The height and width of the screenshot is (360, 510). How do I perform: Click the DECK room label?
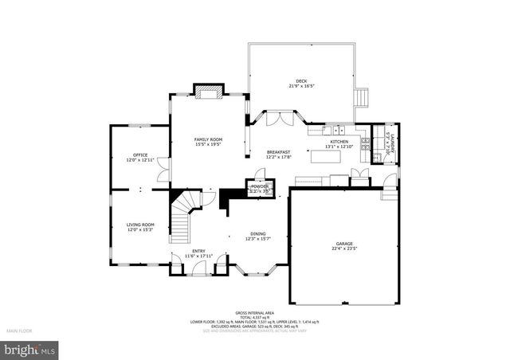300,81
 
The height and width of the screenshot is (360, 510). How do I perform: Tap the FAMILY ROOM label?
209,140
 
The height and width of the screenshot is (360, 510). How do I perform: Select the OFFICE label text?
140,155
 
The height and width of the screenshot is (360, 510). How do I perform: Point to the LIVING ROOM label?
140,225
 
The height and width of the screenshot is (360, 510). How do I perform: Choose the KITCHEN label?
339,143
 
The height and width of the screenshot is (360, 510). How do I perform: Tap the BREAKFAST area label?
278,152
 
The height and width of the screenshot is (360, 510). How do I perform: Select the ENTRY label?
198,252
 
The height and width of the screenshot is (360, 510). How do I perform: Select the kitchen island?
326,156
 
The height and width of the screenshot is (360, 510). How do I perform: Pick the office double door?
163,169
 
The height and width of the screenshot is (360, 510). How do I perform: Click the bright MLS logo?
30,350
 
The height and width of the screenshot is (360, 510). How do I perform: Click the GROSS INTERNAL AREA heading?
254,313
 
